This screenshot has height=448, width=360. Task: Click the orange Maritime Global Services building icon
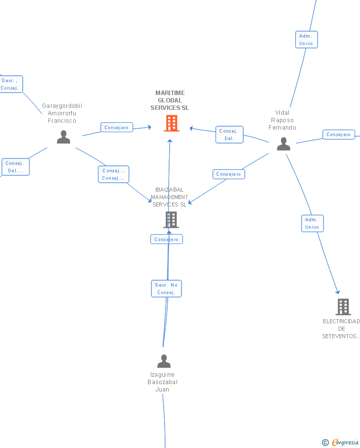click(172, 123)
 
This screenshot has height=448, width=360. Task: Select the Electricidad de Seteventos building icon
click(343, 307)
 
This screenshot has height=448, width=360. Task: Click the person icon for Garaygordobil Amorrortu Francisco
click(63, 137)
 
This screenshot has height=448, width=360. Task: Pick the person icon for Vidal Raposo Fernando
click(283, 144)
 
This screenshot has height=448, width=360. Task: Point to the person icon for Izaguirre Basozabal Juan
click(164, 361)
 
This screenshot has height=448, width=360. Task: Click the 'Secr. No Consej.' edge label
click(166, 289)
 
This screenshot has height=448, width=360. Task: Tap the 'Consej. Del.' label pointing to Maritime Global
click(229, 135)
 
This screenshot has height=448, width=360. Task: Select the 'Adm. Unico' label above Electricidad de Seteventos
click(312, 223)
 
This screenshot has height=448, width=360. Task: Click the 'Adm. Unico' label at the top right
click(306, 40)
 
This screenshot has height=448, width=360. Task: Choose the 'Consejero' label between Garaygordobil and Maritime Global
click(117, 128)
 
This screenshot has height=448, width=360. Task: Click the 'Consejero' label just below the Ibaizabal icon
click(166, 240)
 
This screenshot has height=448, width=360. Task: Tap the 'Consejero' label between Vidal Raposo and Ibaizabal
click(228, 174)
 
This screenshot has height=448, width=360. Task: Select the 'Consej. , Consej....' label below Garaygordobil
click(113, 174)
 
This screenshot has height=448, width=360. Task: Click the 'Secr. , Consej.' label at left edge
click(10, 84)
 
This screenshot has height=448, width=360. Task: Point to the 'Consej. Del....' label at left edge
click(15, 167)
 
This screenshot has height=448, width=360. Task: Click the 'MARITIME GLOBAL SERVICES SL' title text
click(170, 100)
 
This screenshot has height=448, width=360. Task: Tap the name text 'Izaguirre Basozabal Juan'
click(162, 382)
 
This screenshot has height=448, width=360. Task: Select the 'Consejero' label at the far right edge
click(339, 135)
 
